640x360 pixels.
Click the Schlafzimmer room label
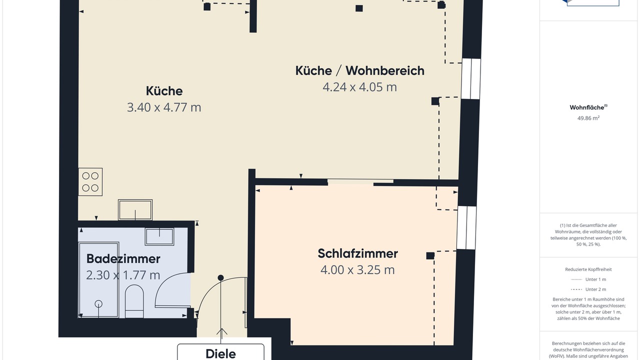(357, 253)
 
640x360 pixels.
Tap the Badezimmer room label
(123, 259)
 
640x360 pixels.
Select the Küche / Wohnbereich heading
(359, 70)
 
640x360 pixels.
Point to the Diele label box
(220, 352)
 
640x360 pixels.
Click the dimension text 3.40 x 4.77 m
(164, 107)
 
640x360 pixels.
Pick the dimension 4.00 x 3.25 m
(357, 269)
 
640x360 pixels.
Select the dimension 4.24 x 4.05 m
(359, 87)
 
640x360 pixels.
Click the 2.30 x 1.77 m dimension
(123, 275)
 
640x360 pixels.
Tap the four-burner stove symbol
(90, 181)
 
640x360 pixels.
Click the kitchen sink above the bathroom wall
(135, 210)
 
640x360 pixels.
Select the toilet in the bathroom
(134, 301)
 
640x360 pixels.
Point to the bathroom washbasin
(159, 236)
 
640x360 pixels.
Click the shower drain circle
(98, 303)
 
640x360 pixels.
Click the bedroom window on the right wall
(466, 227)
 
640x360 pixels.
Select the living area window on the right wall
(471, 79)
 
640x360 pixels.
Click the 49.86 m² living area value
(588, 118)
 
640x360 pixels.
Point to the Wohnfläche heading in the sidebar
(588, 107)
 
